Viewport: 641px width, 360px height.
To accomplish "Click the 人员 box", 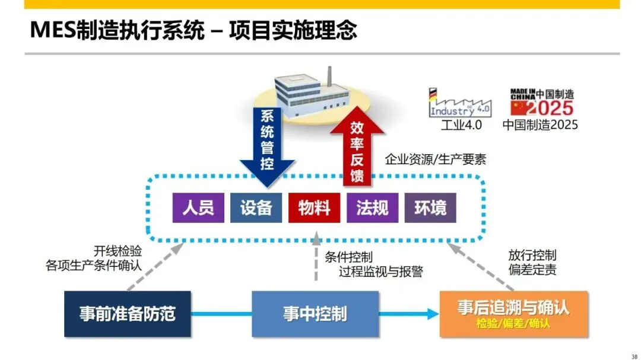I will pyautogui.click(x=198, y=208).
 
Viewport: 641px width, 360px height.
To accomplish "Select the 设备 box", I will pyautogui.click(x=256, y=208).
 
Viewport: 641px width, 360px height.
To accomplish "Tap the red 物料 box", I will pyautogui.click(x=314, y=208).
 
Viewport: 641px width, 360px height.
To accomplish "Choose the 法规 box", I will pyautogui.click(x=372, y=208).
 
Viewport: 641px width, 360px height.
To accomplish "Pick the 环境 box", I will pyautogui.click(x=430, y=208).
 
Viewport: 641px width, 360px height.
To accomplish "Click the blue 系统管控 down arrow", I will pyautogui.click(x=267, y=142).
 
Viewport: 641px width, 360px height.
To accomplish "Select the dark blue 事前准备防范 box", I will pyautogui.click(x=128, y=314).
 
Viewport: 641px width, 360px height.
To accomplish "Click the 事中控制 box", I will pyautogui.click(x=315, y=314).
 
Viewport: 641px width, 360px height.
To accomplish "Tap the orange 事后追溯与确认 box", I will pyautogui.click(x=513, y=314).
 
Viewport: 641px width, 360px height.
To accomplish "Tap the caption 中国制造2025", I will pyautogui.click(x=540, y=125).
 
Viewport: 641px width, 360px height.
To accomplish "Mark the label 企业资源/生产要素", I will pyautogui.click(x=436, y=160).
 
